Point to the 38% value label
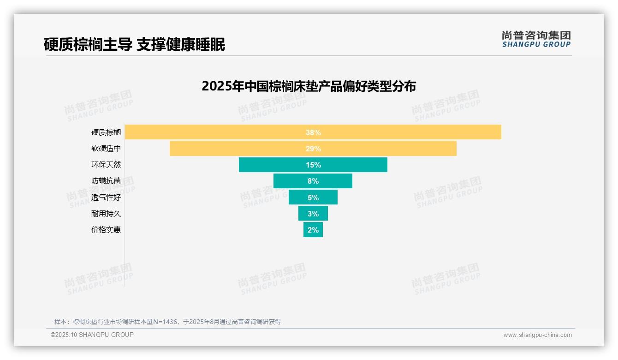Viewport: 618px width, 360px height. click(313, 132)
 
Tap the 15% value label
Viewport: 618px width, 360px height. click(313, 165)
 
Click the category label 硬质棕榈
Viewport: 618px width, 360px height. click(106, 132)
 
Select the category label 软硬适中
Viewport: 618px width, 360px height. click(106, 149)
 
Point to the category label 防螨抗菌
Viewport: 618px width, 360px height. click(106, 181)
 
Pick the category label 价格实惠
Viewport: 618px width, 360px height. click(106, 230)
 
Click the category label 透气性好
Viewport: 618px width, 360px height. click(106, 198)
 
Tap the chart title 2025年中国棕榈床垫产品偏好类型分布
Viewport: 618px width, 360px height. click(309, 86)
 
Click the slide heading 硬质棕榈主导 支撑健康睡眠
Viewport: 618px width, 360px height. click(134, 45)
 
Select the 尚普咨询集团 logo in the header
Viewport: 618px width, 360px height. click(536, 39)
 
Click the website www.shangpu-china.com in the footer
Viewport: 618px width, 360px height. click(537, 335)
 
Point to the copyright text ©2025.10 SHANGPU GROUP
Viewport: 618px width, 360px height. click(92, 335)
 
